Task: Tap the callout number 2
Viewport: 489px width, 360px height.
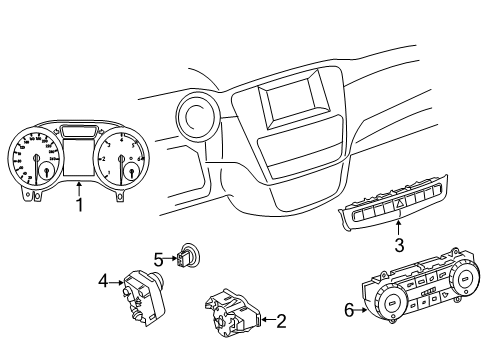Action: pos(281,321)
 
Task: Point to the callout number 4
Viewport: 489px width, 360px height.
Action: pos(104,282)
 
